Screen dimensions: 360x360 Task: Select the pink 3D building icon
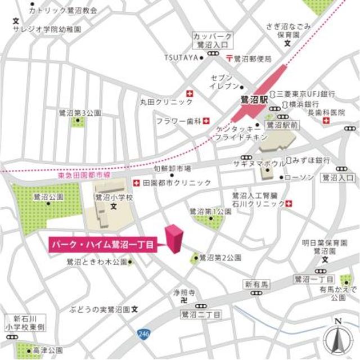(173, 239)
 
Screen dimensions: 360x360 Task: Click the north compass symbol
(338, 336)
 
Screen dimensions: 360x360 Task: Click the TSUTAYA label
(181, 57)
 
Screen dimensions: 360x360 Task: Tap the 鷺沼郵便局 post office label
(253, 58)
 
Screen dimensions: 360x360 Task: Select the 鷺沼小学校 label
(114, 197)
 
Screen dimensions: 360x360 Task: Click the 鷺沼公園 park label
(48, 197)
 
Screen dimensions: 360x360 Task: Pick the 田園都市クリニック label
(176, 183)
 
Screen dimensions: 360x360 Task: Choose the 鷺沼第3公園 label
(79, 112)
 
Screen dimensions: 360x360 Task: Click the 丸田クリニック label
(166, 102)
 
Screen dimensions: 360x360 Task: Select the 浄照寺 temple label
(183, 292)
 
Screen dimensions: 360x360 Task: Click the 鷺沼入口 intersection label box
(338, 178)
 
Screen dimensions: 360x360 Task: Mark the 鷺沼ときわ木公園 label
(96, 262)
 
